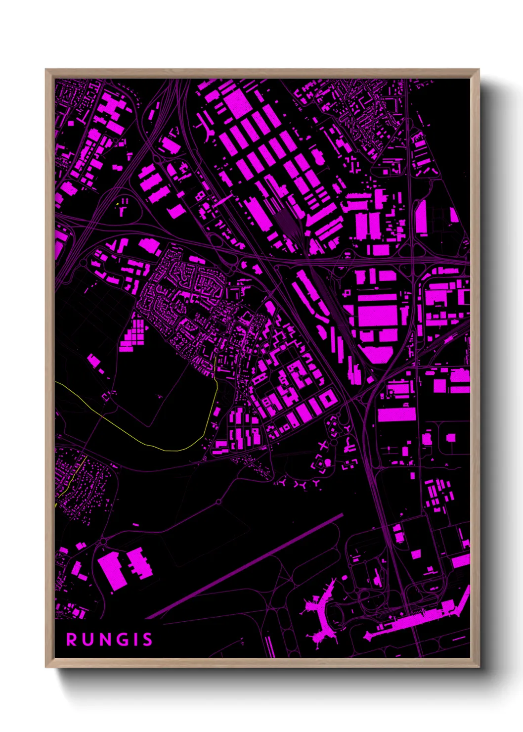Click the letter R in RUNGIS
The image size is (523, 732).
(72, 640)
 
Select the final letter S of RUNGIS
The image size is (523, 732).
(147, 640)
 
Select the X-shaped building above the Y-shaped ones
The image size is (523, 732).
(323, 446)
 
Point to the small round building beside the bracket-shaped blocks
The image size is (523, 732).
(327, 462)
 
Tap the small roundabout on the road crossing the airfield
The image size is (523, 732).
(218, 503)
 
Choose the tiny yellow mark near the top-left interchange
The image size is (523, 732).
(117, 203)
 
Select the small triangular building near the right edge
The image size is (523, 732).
(453, 215)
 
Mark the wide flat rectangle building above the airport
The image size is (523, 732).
(396, 414)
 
